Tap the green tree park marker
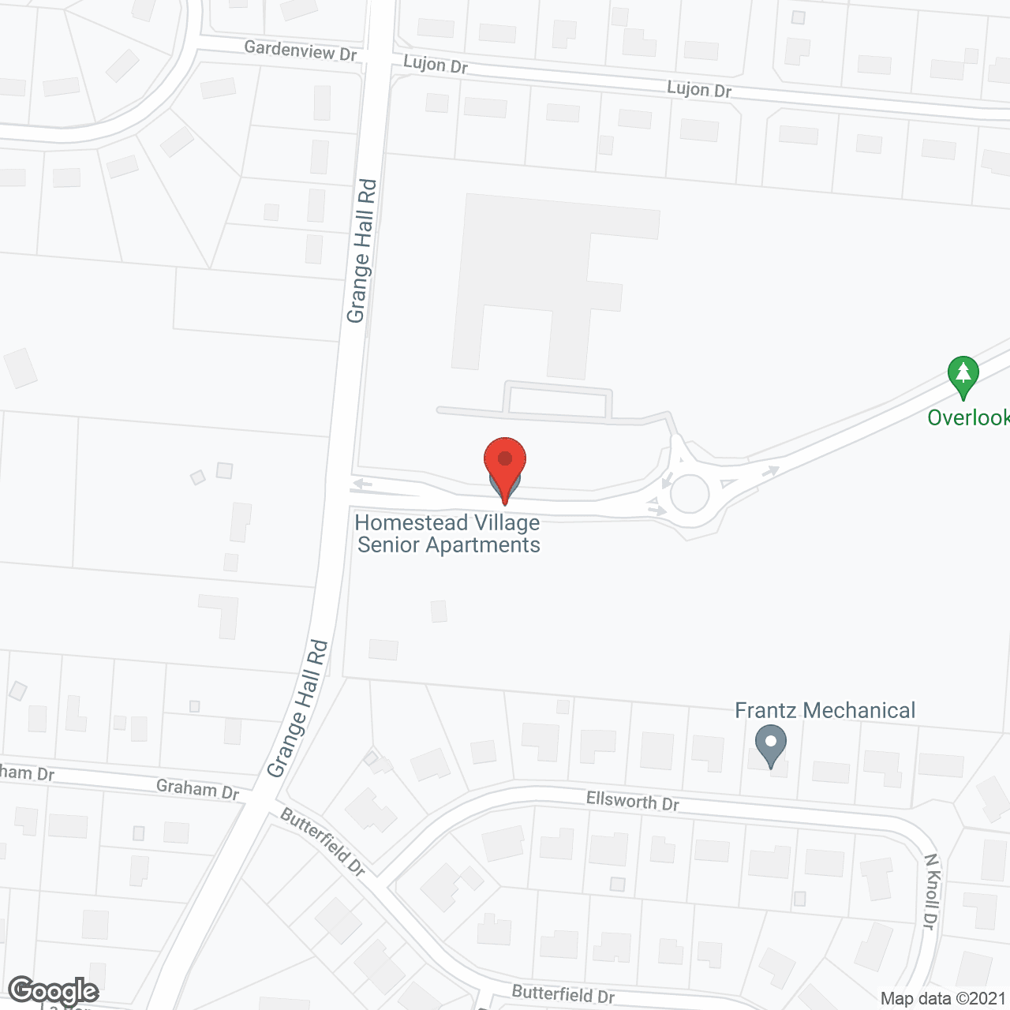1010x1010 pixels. point(963,375)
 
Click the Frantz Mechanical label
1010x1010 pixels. point(825,710)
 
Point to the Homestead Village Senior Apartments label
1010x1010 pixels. point(448,534)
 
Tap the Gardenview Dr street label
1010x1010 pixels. point(300,51)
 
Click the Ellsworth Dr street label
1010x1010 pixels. point(632,802)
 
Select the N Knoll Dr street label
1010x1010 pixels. point(932,891)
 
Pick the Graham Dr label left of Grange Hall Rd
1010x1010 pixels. point(197,789)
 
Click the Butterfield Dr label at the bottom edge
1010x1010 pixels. point(563,994)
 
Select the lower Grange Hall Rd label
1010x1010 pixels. point(297,708)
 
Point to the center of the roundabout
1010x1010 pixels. point(690,493)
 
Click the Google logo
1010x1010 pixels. point(54,991)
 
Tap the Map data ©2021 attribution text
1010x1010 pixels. point(944,999)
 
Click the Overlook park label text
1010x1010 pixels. point(968,417)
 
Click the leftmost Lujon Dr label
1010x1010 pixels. point(436,65)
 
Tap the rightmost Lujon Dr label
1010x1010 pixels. point(699,89)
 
